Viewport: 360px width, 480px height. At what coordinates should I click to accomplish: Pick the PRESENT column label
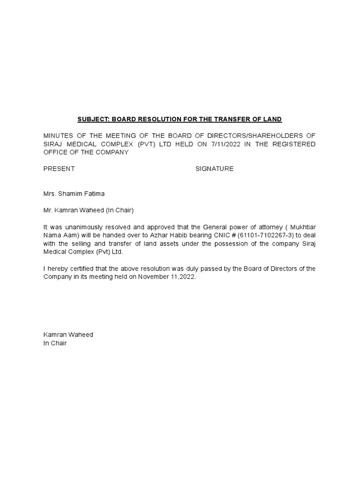tap(59, 169)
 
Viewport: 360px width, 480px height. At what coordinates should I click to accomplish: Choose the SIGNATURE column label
tap(214, 169)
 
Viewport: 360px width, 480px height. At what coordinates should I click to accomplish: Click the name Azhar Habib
tap(168, 235)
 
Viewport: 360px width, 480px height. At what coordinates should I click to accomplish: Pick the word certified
tap(82, 269)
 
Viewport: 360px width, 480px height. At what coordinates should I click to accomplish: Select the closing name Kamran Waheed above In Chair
tap(68, 335)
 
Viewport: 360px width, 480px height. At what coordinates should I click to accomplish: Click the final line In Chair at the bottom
tap(55, 343)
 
